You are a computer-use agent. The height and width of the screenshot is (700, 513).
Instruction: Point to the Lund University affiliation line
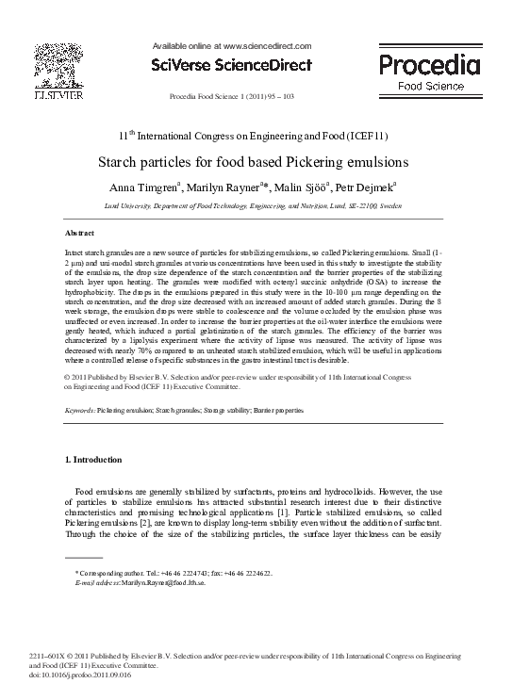[x=256, y=204]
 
